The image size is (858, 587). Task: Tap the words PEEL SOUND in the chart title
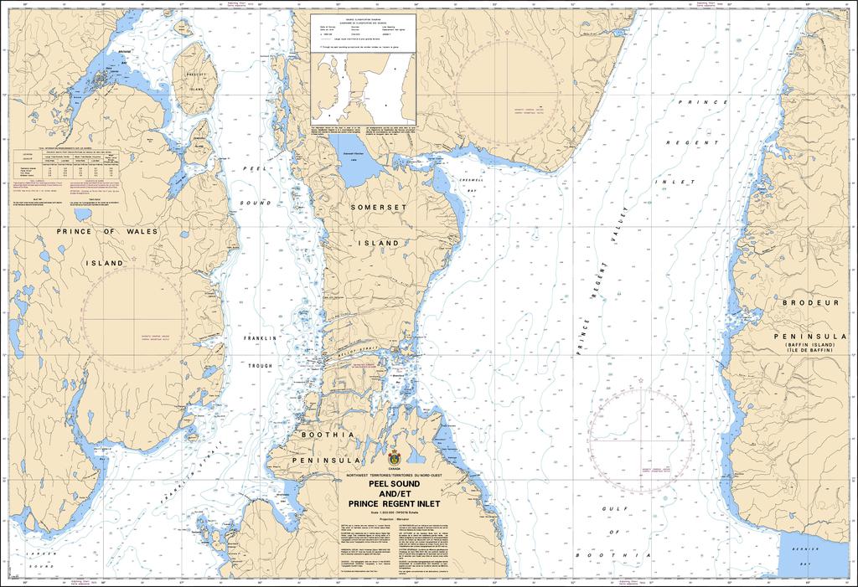point(394,483)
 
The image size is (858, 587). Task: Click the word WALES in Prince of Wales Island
point(140,231)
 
